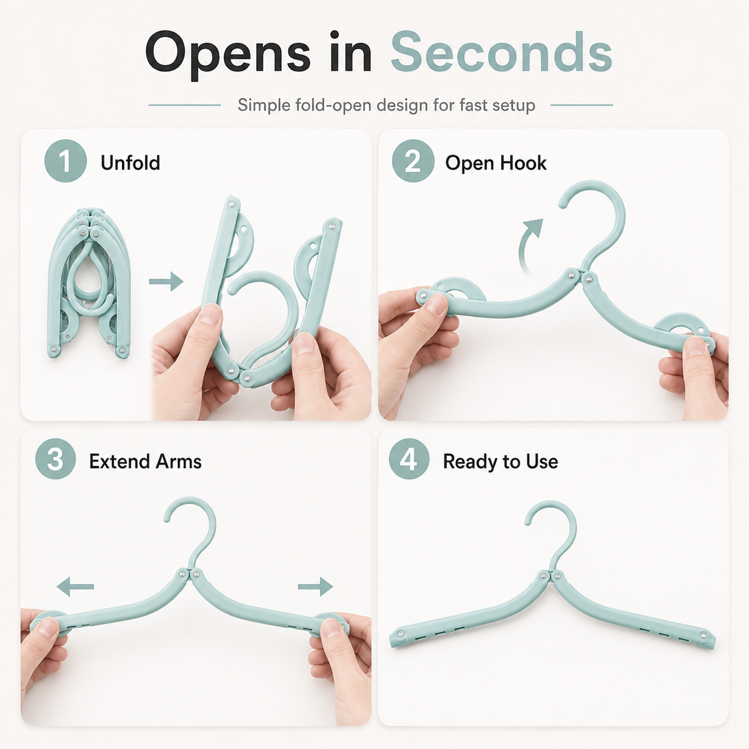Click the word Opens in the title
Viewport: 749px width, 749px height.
click(228, 55)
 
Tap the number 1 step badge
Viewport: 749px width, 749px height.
click(65, 161)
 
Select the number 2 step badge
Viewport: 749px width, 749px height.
click(413, 161)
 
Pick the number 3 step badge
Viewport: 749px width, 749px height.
click(55, 459)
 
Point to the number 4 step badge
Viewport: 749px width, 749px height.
click(409, 459)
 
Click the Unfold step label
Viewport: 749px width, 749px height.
click(130, 162)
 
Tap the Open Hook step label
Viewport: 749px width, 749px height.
click(496, 162)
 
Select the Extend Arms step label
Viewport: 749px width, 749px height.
click(145, 461)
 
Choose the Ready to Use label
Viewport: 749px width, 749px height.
click(501, 462)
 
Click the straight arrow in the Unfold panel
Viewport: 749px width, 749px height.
click(166, 281)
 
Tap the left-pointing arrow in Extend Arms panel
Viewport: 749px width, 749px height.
click(75, 587)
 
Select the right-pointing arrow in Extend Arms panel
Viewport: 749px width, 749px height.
click(315, 587)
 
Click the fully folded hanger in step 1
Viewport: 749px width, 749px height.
click(88, 283)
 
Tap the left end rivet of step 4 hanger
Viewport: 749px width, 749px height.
click(401, 634)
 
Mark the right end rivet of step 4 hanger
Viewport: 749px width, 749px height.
click(703, 635)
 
